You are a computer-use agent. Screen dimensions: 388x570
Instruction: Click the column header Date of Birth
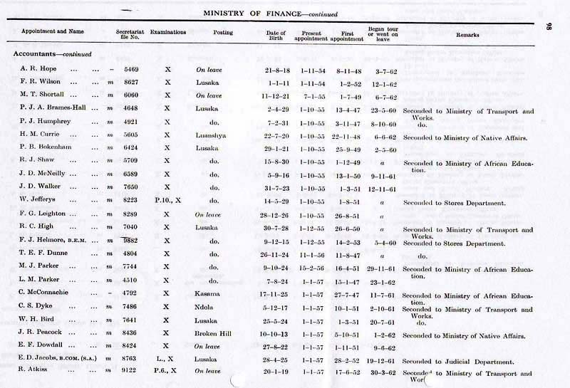pyautogui.click(x=276, y=36)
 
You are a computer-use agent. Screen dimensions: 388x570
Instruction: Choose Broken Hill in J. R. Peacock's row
pyautogui.click(x=211, y=334)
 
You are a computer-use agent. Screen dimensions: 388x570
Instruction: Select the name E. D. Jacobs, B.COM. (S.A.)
pyautogui.click(x=59, y=361)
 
